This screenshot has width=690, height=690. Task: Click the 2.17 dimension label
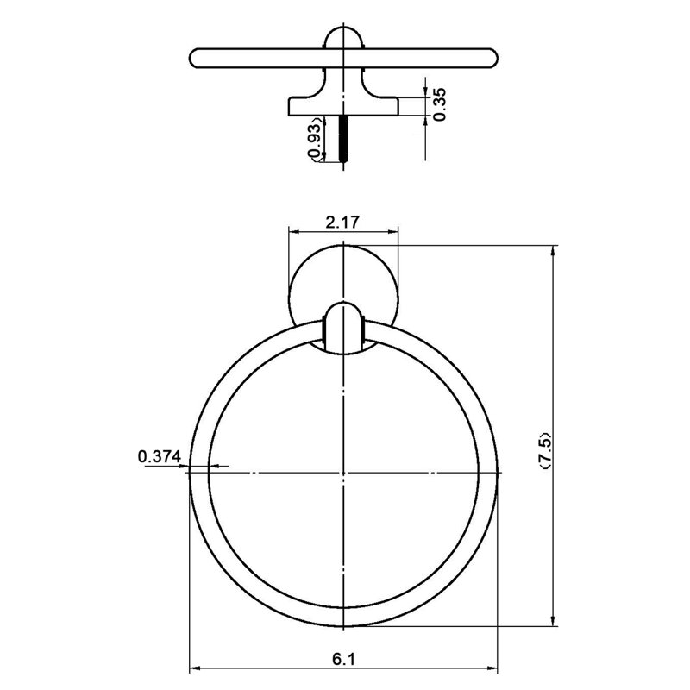pyautogui.click(x=342, y=222)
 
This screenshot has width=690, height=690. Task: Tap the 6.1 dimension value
pyautogui.click(x=343, y=659)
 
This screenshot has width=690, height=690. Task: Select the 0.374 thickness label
pyautogui.click(x=160, y=456)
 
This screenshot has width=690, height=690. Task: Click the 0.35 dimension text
pyautogui.click(x=439, y=103)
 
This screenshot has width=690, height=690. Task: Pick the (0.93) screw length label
pyautogui.click(x=314, y=141)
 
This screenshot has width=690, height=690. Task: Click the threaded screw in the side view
pyautogui.click(x=343, y=139)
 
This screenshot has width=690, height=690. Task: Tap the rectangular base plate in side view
pyautogui.click(x=343, y=106)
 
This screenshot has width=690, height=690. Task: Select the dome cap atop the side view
pyautogui.click(x=343, y=38)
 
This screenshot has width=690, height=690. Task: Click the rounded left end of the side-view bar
pyautogui.click(x=195, y=58)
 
